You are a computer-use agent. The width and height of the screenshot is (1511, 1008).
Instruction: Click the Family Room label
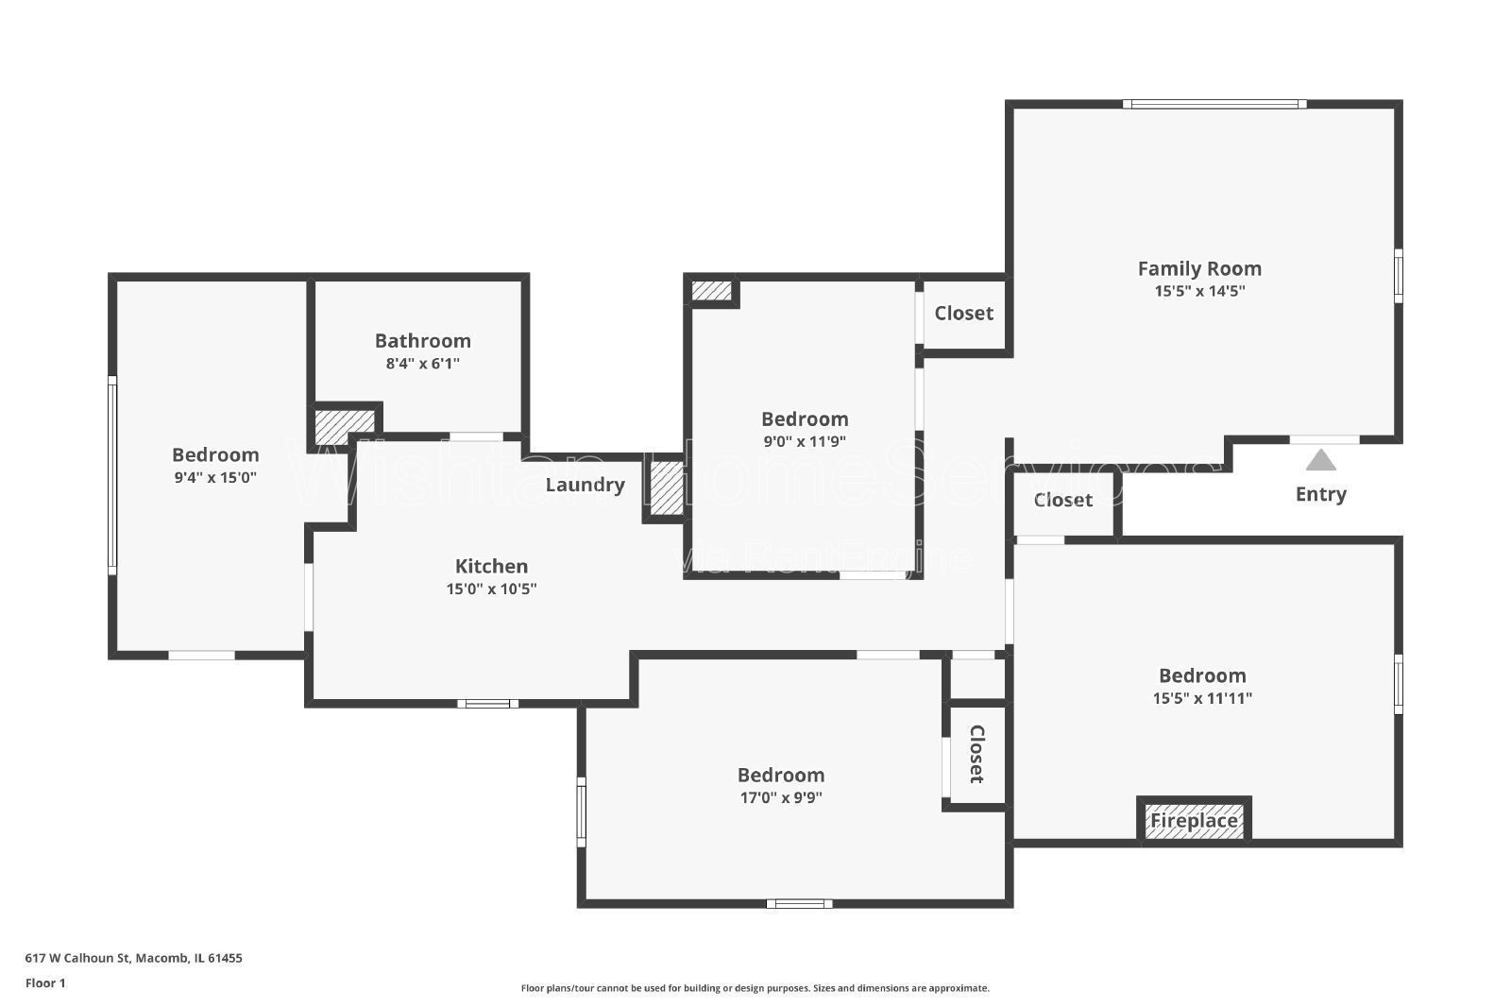(1198, 268)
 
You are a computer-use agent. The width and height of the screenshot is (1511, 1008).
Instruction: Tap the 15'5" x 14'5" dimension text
(1198, 291)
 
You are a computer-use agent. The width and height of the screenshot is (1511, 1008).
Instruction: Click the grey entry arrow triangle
(1320, 460)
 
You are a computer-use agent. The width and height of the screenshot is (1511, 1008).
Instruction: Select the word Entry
(1320, 494)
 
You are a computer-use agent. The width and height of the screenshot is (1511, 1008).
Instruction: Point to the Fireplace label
(1194, 821)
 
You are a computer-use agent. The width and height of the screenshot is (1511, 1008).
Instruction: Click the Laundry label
(585, 485)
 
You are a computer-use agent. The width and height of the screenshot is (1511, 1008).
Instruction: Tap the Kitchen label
(491, 566)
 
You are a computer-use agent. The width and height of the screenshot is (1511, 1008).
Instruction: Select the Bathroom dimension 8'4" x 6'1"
(422, 363)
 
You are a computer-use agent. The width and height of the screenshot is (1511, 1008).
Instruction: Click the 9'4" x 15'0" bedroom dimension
(215, 477)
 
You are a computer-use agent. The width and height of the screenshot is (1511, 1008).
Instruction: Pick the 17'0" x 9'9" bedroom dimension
(781, 797)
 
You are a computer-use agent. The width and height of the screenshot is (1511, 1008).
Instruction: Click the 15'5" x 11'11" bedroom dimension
(1202, 698)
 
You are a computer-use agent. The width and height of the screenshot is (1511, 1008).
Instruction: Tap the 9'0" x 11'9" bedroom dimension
(805, 441)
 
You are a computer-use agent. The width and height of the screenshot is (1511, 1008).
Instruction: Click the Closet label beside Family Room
(963, 313)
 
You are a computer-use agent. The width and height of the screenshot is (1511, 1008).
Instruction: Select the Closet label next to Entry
(1062, 500)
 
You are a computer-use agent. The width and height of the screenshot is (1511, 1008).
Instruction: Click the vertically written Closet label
(976, 754)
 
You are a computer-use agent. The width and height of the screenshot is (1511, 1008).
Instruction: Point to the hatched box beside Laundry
(667, 487)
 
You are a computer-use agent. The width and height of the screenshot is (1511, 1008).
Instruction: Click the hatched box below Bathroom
(344, 425)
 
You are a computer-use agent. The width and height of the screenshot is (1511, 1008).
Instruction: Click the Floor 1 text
(45, 983)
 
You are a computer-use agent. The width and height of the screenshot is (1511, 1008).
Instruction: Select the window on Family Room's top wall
(1214, 105)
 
